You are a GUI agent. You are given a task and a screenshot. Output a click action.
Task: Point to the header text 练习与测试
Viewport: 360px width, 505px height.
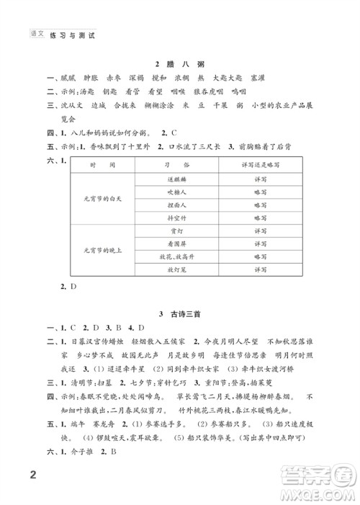(75, 34)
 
